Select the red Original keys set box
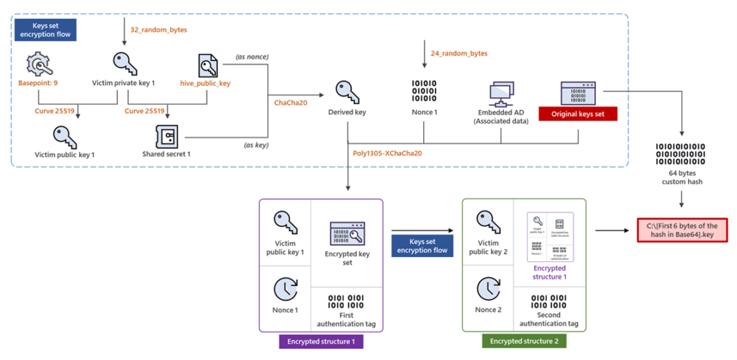coord(579,114)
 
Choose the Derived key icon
coord(348,92)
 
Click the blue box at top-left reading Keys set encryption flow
coord(45,30)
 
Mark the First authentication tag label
coord(347,319)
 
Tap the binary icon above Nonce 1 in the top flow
coord(425,92)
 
